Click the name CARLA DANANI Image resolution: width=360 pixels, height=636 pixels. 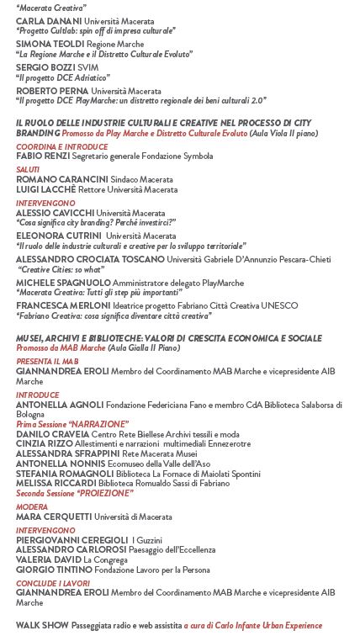49,20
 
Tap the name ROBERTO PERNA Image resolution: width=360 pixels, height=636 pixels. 52,91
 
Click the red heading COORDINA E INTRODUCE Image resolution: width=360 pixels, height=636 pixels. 61,146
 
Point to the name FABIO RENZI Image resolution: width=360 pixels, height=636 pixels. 42,156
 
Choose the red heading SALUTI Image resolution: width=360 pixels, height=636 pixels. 28,170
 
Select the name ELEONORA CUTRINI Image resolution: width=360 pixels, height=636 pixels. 57,236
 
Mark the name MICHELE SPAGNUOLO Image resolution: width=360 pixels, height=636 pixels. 63,284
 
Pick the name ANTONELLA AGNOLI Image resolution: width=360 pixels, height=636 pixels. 59,405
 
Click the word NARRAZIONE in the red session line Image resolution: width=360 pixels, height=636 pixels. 98,424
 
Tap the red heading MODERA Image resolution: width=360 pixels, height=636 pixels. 32,507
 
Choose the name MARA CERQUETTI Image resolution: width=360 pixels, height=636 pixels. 54,517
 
